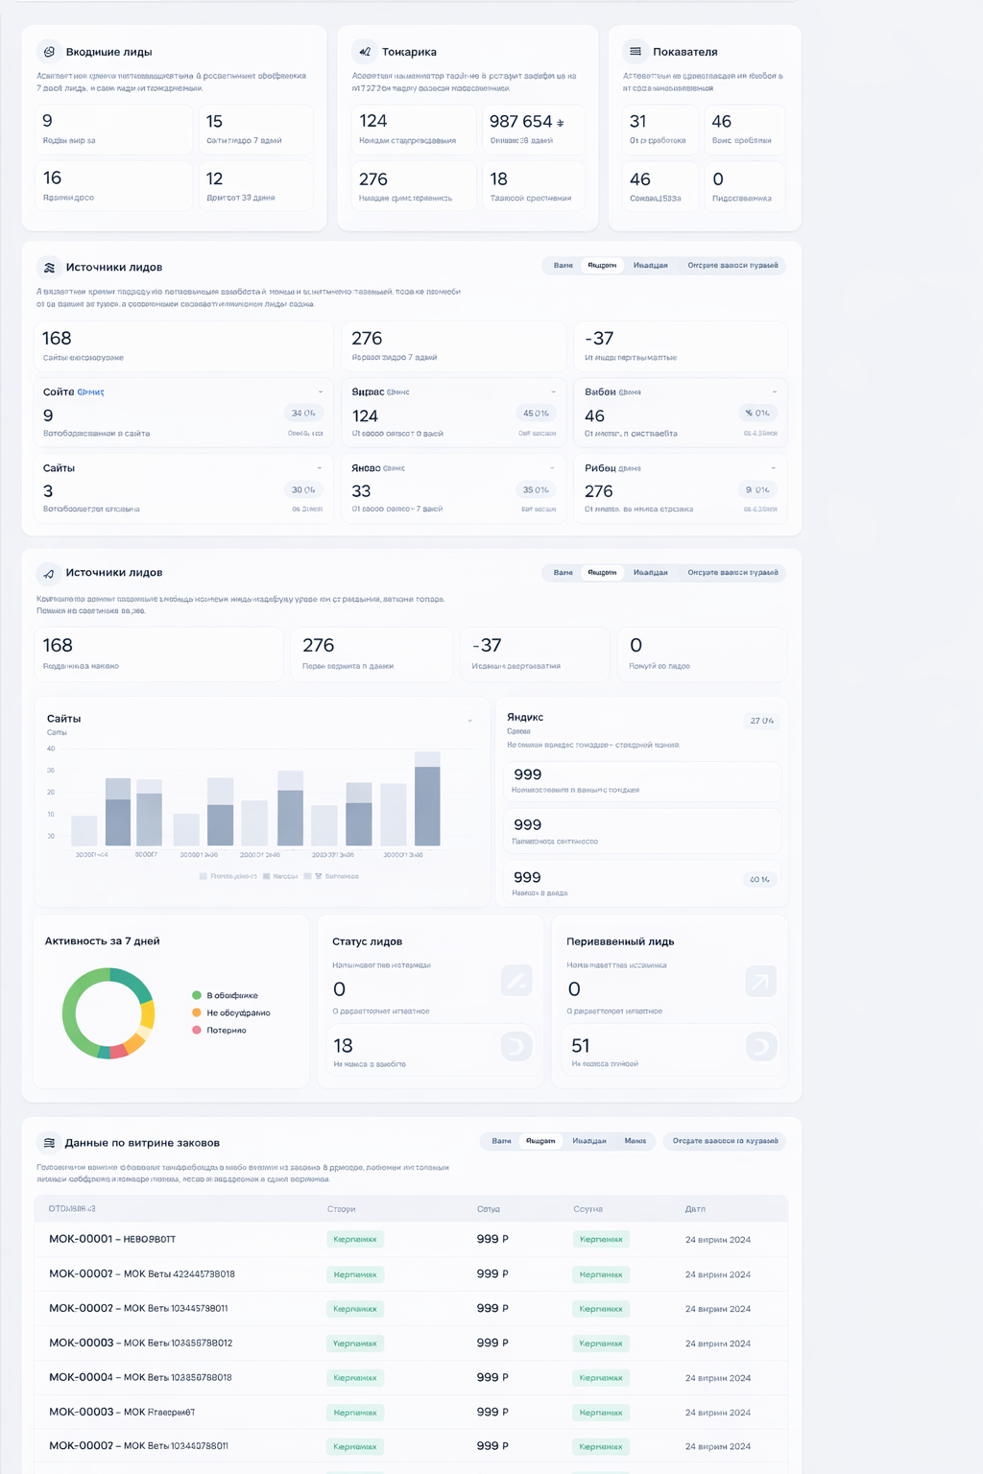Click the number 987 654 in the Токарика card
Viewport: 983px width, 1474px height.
520,122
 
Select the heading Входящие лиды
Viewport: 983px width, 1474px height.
108,52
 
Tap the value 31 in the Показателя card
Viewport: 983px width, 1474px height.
637,122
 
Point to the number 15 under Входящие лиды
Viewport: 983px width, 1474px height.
214,122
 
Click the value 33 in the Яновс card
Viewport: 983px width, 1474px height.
361,491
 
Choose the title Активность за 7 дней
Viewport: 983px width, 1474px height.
102,941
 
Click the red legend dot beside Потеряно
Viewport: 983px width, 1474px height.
197,1031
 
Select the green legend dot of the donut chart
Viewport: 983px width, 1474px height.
197,996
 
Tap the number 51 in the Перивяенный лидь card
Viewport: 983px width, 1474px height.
581,1046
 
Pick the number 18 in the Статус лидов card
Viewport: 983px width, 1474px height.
343,1046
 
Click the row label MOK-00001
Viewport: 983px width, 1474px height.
81,1240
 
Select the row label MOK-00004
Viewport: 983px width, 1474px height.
81,1378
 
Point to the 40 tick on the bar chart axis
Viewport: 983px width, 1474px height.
51,749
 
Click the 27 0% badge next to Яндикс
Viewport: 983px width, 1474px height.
761,721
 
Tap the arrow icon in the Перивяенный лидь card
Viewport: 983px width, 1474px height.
760,982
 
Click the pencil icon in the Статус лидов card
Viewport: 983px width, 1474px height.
516,981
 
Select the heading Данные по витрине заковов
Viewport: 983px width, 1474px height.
142,1143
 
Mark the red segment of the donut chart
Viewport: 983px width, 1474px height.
119,1052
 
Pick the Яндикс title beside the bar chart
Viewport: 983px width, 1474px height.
525,718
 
